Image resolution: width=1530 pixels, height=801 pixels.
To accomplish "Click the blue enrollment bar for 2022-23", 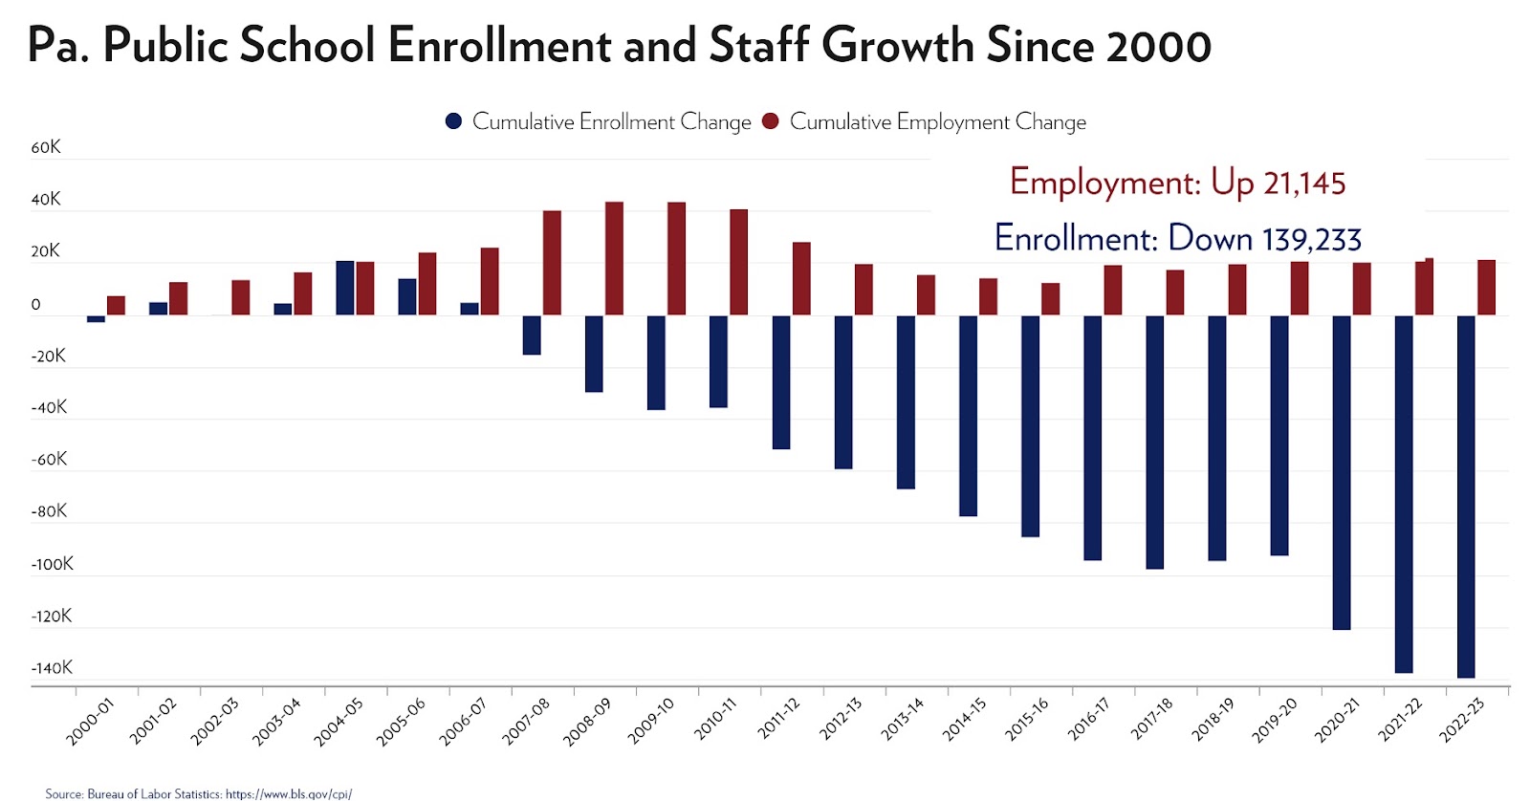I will click(x=1466, y=496).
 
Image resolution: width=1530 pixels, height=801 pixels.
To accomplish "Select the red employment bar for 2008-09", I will click(x=614, y=258).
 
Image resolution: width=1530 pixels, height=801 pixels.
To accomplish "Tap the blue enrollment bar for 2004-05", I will click(x=345, y=288).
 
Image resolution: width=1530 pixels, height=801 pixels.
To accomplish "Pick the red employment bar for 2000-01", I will click(x=116, y=306).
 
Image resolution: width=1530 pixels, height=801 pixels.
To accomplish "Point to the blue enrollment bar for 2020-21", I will click(x=1342, y=472).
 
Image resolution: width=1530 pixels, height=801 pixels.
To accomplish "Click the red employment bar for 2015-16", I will click(x=1050, y=299).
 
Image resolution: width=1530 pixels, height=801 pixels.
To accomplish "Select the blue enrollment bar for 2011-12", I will click(x=781, y=382).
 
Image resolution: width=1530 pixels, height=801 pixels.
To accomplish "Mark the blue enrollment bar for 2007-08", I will click(x=532, y=336).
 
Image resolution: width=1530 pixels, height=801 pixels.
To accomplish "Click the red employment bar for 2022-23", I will click(x=1486, y=288).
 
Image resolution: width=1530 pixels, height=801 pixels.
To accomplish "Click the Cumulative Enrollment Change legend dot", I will click(x=453, y=121).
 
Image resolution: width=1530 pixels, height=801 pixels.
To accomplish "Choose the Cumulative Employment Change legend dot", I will click(x=771, y=121).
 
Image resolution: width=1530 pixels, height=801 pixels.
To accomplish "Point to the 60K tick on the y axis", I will click(x=46, y=147).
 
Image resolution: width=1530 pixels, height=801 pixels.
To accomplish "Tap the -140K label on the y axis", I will click(x=52, y=668).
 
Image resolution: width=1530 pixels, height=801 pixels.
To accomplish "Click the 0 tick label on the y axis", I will click(x=36, y=305).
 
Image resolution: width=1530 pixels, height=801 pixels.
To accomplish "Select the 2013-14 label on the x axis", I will click(x=903, y=720).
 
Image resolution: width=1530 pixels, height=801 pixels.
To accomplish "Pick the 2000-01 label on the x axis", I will click(x=90, y=722).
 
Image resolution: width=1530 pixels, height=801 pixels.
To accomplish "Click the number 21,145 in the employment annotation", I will click(x=1303, y=184).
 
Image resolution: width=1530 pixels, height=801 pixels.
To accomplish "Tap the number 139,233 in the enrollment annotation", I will click(x=1311, y=239).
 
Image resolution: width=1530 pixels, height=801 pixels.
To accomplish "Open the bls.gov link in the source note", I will click(x=288, y=793).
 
